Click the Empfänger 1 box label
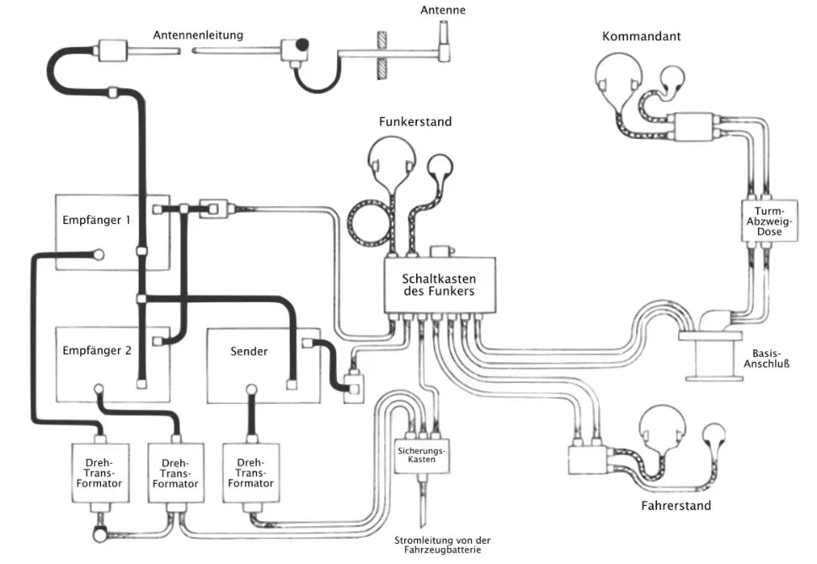(x=96, y=220)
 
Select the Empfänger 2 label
(x=97, y=350)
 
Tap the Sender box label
(x=249, y=352)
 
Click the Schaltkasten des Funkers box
(x=440, y=285)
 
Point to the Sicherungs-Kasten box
(x=421, y=455)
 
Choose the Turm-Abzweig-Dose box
(x=770, y=221)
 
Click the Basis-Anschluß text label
(x=766, y=359)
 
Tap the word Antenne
(x=443, y=10)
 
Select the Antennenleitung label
(x=198, y=35)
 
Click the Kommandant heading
(x=642, y=36)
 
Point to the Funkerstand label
(x=415, y=121)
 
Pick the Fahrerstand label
(x=675, y=505)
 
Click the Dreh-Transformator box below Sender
(x=251, y=473)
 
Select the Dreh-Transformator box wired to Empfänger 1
(x=99, y=473)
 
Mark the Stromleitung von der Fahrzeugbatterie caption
(x=442, y=545)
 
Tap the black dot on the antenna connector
(x=302, y=45)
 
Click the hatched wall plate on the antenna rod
(x=382, y=56)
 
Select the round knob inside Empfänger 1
(x=98, y=255)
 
